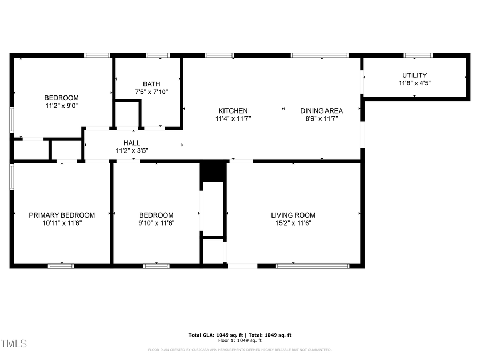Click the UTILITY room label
(x=414, y=75)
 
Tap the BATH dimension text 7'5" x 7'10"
(x=151, y=92)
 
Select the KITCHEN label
(x=233, y=111)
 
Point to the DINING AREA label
(x=322, y=111)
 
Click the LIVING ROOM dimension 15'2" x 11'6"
(x=293, y=223)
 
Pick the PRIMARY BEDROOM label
(x=62, y=215)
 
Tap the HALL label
(x=132, y=143)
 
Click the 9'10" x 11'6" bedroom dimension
(x=156, y=223)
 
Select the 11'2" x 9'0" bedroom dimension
(x=61, y=106)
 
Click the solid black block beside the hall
(x=213, y=171)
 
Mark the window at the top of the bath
(x=157, y=55)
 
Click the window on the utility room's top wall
(x=418, y=55)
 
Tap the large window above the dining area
(x=319, y=55)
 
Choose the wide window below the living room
(x=313, y=266)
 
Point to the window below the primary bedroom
(x=61, y=266)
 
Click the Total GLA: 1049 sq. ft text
(x=214, y=335)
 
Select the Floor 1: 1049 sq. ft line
(x=239, y=340)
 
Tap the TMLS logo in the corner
(x=13, y=343)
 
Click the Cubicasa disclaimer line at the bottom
(x=239, y=350)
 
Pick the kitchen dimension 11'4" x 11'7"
(x=233, y=118)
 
